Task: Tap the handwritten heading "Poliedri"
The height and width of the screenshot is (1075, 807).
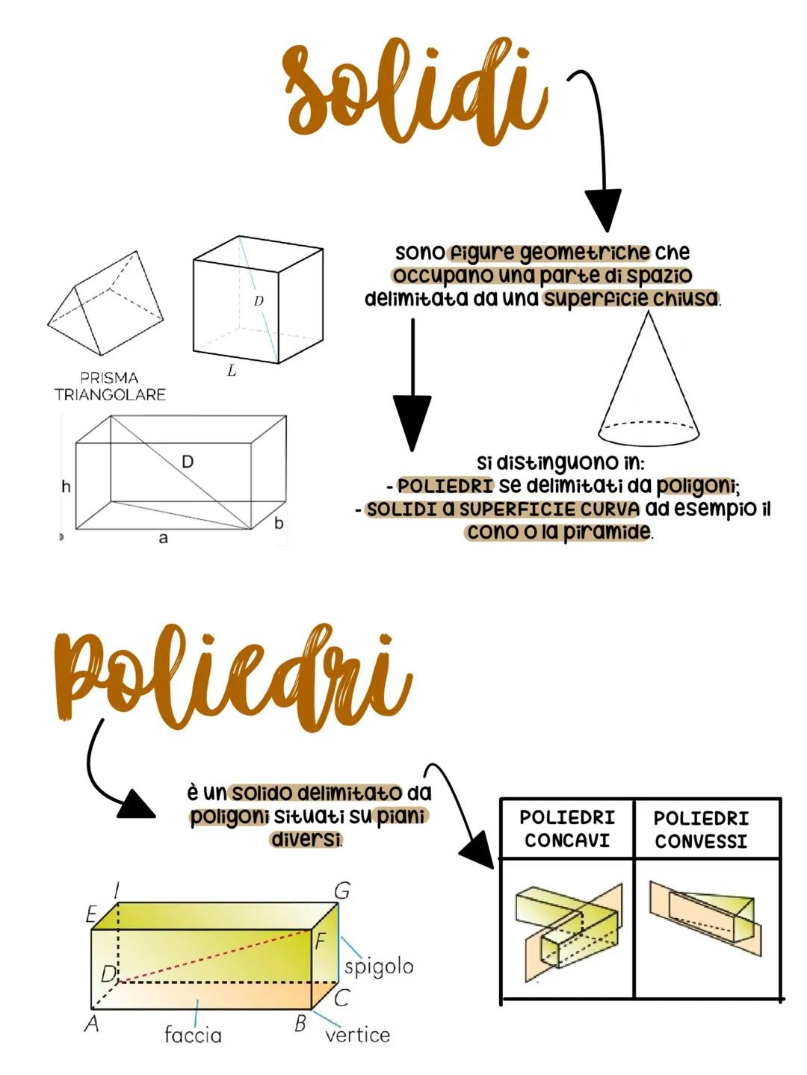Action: point(232,676)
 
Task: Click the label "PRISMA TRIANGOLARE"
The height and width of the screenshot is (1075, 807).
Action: point(109,386)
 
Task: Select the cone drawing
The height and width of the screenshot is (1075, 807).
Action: point(649,381)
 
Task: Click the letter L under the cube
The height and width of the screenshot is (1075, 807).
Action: point(232,371)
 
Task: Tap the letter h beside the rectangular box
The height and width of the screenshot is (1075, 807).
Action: point(66,486)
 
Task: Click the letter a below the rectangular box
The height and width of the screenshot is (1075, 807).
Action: point(163,538)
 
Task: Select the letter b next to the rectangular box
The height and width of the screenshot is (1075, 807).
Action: point(279,523)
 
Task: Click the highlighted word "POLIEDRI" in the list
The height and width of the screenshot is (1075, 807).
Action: point(445,486)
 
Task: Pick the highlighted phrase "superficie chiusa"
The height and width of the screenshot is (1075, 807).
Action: point(631,299)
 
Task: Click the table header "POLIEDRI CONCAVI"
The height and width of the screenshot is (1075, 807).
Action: point(566,828)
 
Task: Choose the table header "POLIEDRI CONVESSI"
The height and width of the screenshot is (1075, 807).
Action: point(701,829)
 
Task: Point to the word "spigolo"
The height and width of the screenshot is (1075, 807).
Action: point(378,966)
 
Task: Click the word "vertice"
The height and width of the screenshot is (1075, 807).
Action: point(357,1035)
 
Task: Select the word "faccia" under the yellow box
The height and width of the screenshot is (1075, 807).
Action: point(193,1035)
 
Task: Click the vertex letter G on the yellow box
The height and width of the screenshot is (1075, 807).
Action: point(341,890)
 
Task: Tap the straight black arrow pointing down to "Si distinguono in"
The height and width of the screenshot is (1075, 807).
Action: point(412,388)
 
